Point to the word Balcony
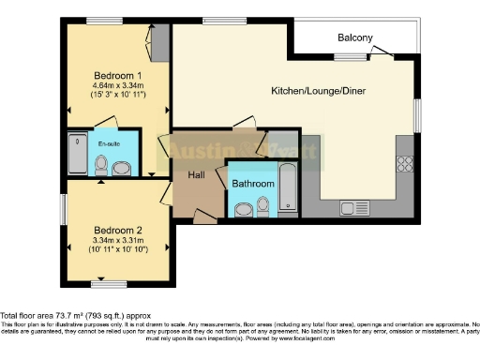tap(356, 38)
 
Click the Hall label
tap(196, 174)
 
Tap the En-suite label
tap(111, 143)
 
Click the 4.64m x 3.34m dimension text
tap(118, 86)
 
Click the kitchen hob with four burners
tap(406, 163)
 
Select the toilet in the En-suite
tap(123, 168)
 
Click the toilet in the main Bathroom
tap(265, 206)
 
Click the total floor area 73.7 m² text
tap(75, 316)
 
